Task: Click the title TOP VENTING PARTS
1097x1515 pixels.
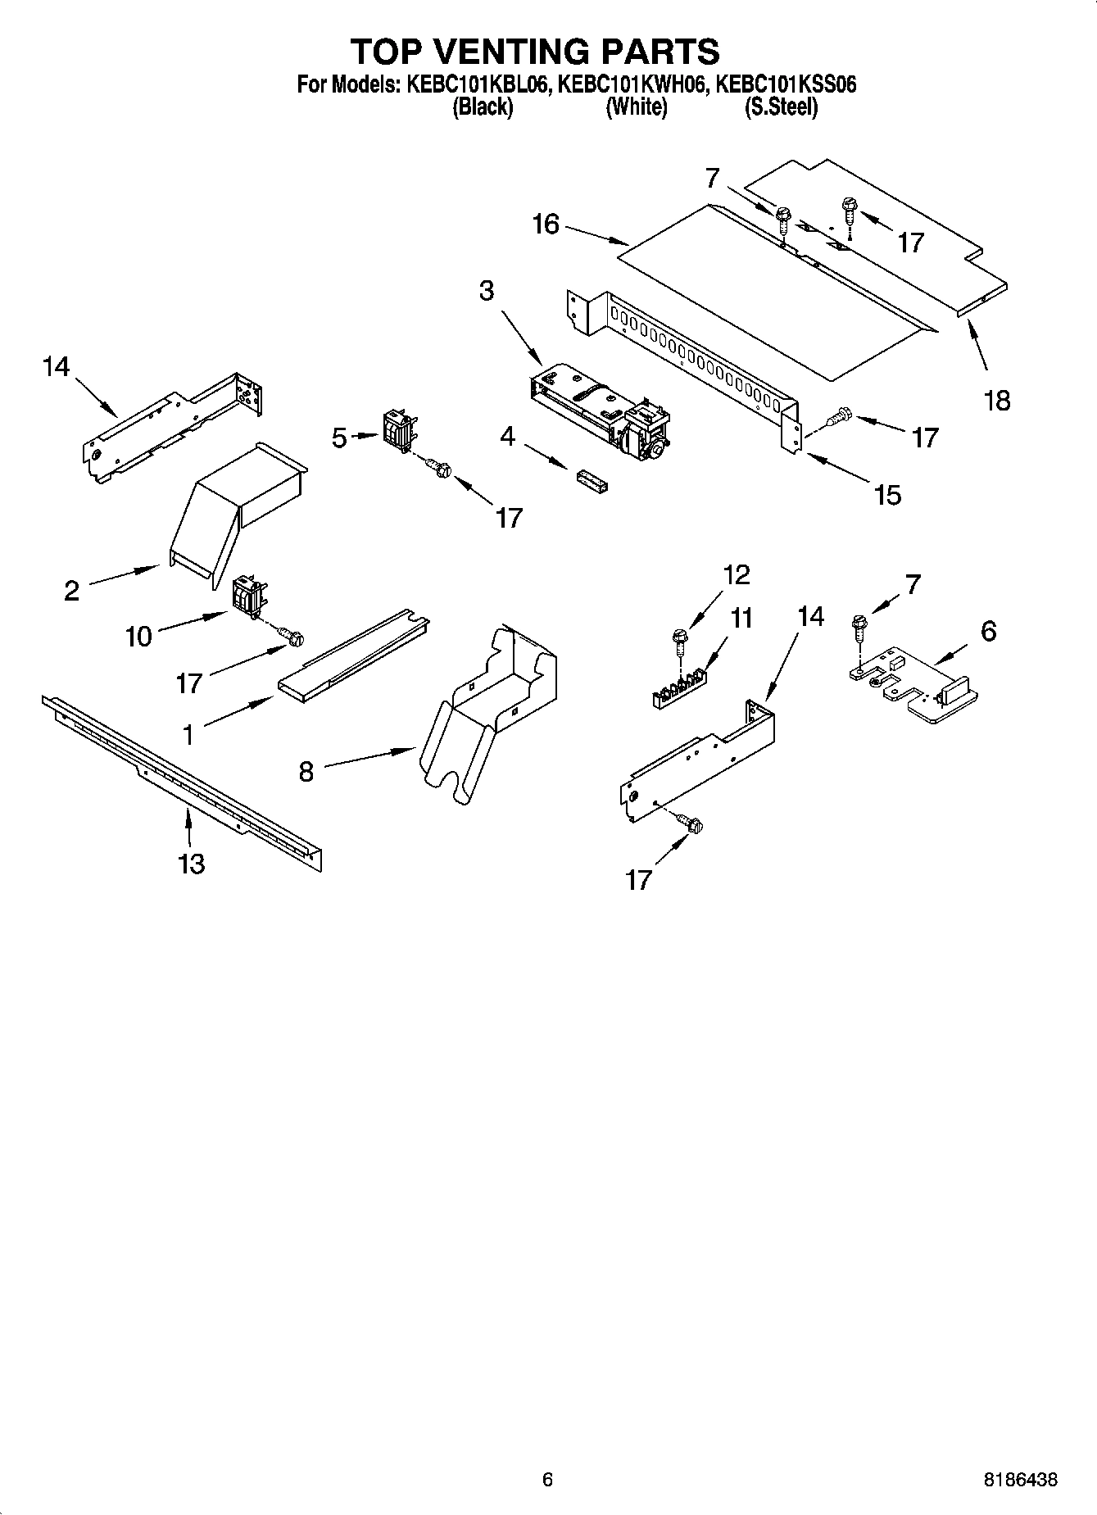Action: click(x=535, y=52)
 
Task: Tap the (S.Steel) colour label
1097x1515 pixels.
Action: click(x=780, y=107)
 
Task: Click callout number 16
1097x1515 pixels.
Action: click(x=546, y=224)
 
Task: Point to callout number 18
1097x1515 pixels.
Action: click(x=997, y=401)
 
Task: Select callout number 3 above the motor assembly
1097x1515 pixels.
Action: click(x=487, y=291)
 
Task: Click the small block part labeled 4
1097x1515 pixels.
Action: click(x=592, y=482)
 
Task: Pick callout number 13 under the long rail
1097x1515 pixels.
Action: click(x=192, y=864)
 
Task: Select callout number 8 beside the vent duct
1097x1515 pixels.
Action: click(x=306, y=772)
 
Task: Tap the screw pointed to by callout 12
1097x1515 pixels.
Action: click(x=680, y=636)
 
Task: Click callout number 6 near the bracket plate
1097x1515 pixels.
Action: click(x=988, y=631)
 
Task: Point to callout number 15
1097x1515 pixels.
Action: click(x=888, y=494)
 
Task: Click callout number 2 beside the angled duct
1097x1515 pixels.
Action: click(x=72, y=590)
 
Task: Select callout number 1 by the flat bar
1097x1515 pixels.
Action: click(x=188, y=735)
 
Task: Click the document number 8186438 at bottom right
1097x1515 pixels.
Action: click(x=1020, y=1480)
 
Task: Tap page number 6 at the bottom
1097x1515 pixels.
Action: click(x=547, y=1480)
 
